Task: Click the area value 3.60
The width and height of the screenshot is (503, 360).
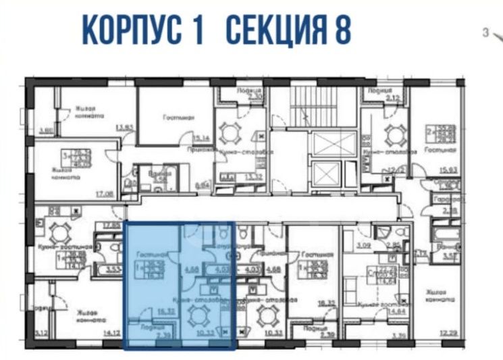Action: coord(45,131)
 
